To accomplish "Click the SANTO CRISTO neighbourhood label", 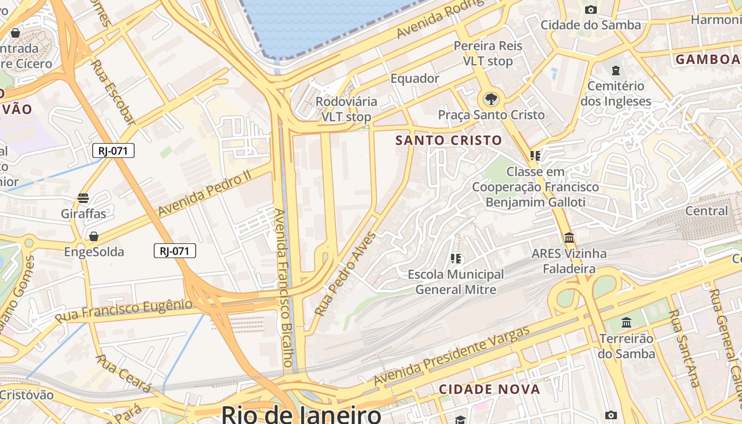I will point(449,140).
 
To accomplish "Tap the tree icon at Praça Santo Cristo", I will point(491,99).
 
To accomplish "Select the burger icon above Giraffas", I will point(83,198).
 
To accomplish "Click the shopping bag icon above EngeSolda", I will point(94,236).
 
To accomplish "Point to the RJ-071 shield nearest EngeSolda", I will point(175,251).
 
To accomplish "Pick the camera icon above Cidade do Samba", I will point(590,10).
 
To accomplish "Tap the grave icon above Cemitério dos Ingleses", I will point(615,70).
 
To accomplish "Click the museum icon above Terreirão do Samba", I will point(626,322).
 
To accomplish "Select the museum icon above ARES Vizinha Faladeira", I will point(569,237).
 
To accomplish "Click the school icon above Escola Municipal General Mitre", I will point(455,259).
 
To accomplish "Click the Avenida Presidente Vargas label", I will point(452,356).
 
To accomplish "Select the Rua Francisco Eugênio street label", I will point(123,311).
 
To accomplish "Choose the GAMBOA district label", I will point(708,59).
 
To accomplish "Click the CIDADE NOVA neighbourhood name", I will point(489,390).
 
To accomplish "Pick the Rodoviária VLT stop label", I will point(347,109).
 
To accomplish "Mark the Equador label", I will point(415,78).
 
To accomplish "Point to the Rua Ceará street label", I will point(123,374).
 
